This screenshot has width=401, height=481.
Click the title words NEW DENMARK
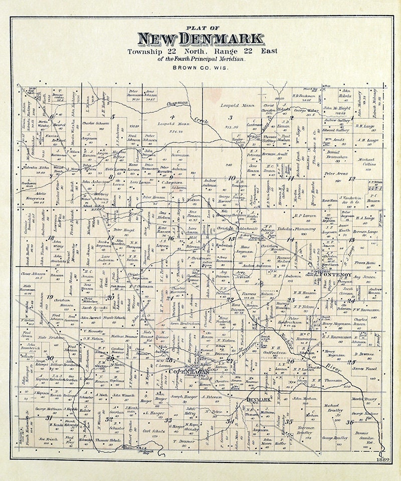200,39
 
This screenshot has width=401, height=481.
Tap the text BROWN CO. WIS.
200,67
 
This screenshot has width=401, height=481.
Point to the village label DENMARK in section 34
259,400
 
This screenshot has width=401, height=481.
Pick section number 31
49,417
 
